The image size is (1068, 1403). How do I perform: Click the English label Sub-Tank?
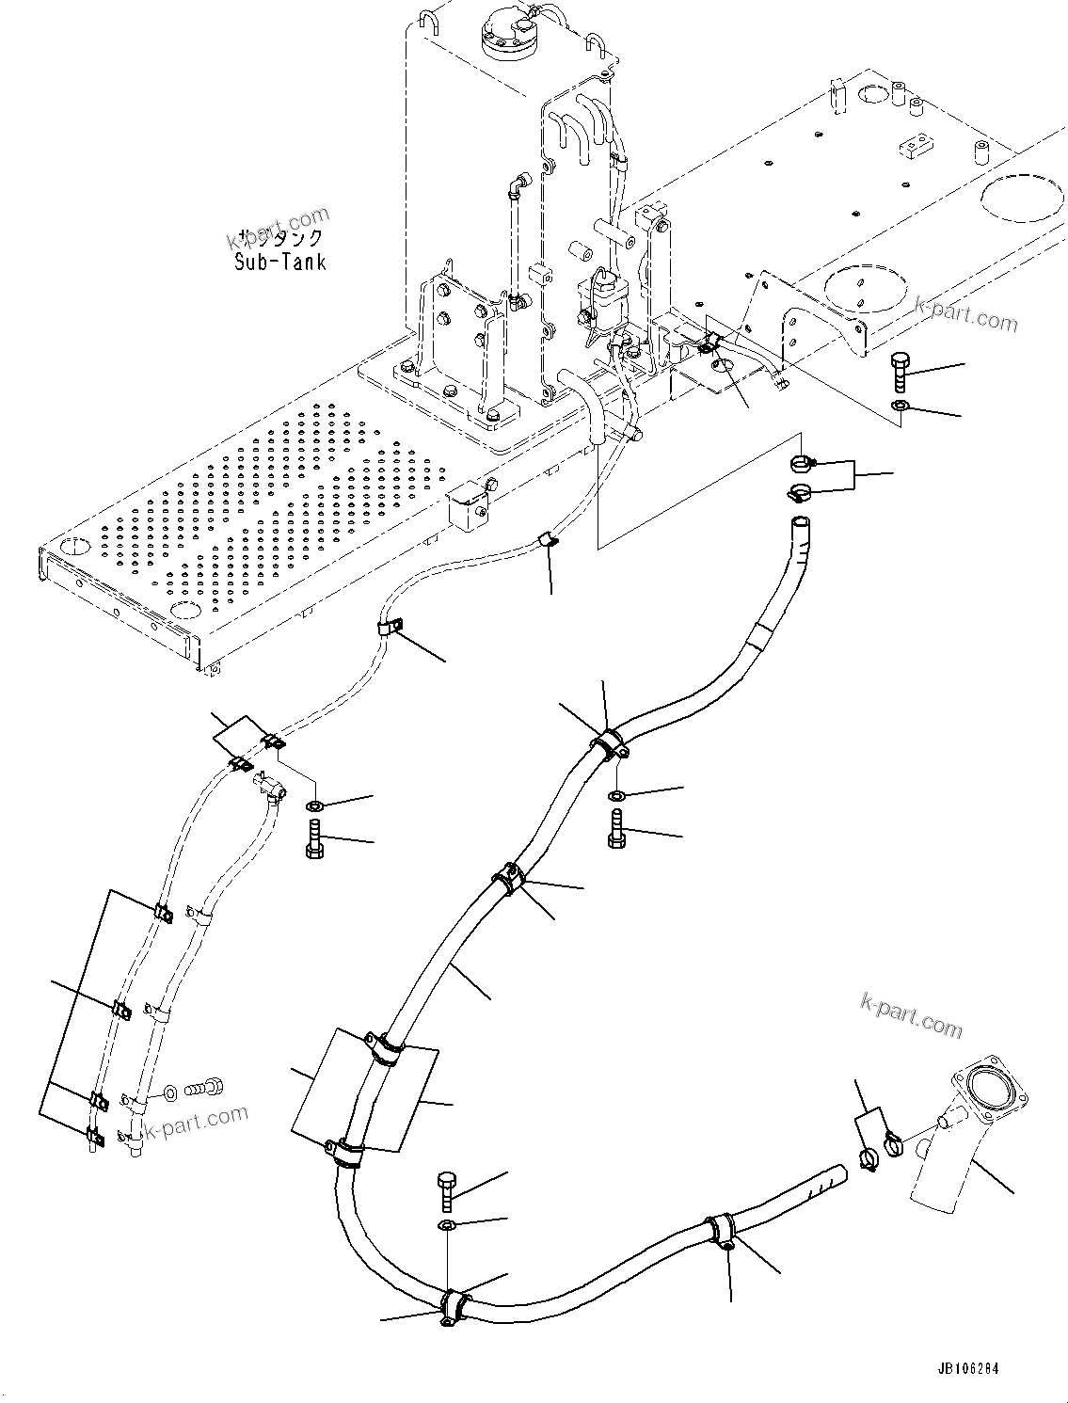(x=280, y=262)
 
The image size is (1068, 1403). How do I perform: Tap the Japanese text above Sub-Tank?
(x=280, y=238)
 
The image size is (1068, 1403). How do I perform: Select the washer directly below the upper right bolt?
(x=899, y=406)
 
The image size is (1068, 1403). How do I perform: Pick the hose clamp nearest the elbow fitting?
(x=892, y=1145)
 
